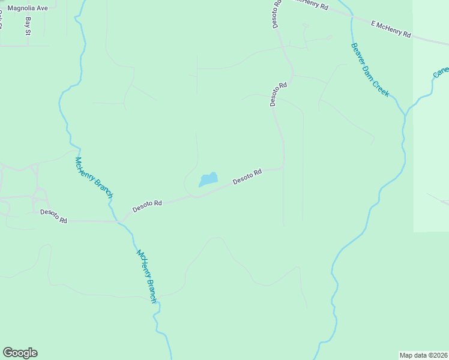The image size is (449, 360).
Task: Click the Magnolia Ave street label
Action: (x=28, y=9)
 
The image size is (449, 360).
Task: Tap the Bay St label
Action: (x=28, y=26)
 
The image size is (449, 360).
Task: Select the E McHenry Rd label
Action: (x=391, y=30)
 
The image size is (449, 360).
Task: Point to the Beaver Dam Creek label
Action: (x=370, y=70)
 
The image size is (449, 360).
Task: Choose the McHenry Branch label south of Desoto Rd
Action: (x=146, y=276)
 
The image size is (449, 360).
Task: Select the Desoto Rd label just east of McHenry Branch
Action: (x=148, y=206)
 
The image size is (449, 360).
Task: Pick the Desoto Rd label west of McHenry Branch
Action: (x=54, y=216)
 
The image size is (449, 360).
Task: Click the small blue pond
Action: (x=208, y=179)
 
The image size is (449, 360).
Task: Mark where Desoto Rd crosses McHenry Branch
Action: (x=119, y=221)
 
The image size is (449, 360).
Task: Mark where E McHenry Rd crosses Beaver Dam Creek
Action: (x=350, y=17)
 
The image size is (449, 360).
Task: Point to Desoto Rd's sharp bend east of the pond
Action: (x=283, y=166)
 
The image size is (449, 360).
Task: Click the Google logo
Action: (x=20, y=353)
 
